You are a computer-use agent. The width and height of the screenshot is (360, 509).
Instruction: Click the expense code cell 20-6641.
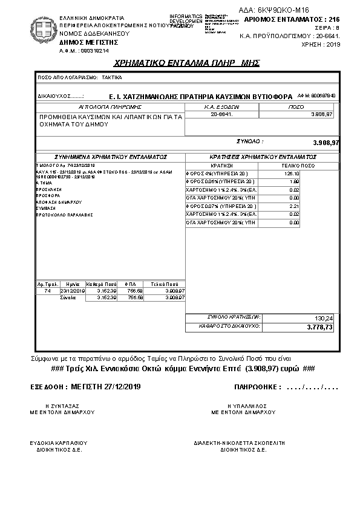pos(221,114)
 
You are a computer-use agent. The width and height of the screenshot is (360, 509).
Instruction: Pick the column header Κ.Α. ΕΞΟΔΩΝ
pos(221,106)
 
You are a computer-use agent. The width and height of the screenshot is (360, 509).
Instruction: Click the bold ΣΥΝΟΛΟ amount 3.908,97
pos(326,142)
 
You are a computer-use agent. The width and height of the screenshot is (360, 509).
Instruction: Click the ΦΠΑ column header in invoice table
pos(130,284)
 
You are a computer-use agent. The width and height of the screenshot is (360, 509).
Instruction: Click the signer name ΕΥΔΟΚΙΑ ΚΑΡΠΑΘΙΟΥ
pos(59,443)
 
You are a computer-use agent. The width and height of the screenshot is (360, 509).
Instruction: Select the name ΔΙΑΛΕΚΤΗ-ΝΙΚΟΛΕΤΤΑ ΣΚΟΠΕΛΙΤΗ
pos(239,443)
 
